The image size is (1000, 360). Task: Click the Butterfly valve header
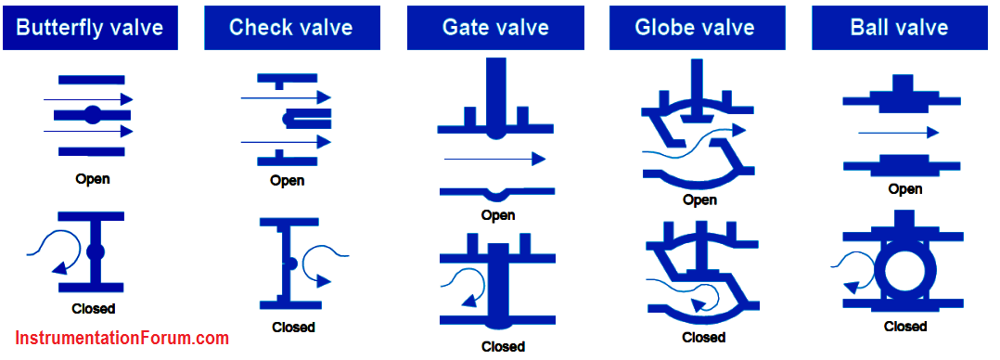(90, 28)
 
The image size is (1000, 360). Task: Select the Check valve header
(291, 28)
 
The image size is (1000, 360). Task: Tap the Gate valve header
(495, 28)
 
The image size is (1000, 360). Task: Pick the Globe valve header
(695, 28)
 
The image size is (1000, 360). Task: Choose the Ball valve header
(899, 28)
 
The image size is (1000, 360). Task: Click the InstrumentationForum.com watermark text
(122, 337)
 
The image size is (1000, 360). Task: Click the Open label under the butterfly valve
(93, 179)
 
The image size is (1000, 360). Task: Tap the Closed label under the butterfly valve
(93, 309)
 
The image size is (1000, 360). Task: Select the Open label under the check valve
(287, 181)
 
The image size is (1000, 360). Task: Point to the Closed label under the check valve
(293, 328)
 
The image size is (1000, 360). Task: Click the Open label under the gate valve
(498, 215)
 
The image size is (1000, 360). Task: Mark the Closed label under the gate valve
(503, 347)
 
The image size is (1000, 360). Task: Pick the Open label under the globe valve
(699, 199)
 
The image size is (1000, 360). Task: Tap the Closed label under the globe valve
(704, 337)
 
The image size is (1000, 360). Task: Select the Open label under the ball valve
(905, 189)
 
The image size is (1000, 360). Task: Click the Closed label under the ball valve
(905, 327)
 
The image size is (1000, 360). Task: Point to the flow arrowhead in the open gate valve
(539, 159)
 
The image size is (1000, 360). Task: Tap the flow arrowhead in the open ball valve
(932, 132)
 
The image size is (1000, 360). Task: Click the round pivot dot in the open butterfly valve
(93, 115)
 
